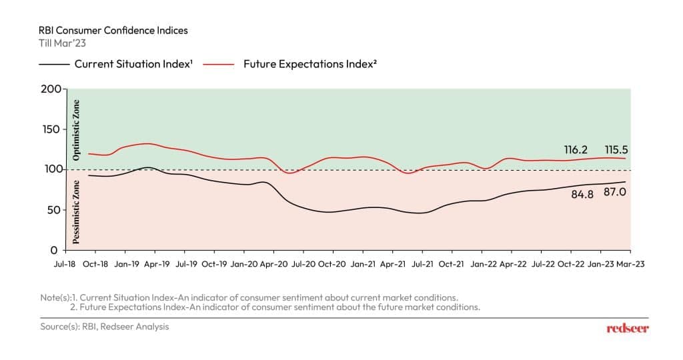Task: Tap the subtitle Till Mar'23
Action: tap(61, 43)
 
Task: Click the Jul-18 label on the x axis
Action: tap(65, 265)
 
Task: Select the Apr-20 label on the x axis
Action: tap(273, 265)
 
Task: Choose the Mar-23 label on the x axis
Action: tap(630, 265)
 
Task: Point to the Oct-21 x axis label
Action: tap(452, 265)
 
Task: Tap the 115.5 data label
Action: tap(616, 150)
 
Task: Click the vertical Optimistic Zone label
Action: tap(76, 131)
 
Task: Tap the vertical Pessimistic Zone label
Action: tap(76, 210)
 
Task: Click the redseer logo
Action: tap(627, 329)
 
